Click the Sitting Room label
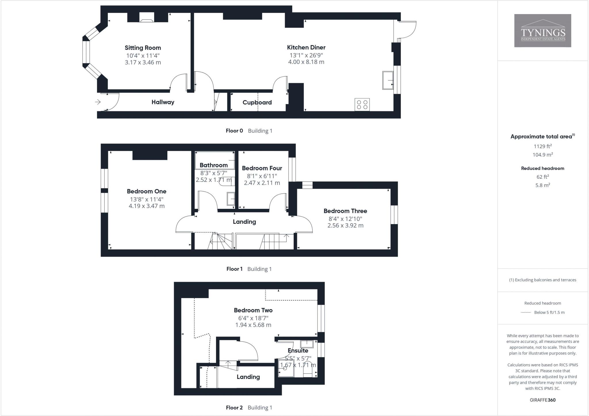pyautogui.click(x=143, y=48)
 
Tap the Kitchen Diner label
pyautogui.click(x=306, y=47)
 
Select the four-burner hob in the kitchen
pyautogui.click(x=362, y=104)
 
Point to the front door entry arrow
pyautogui.click(x=98, y=102)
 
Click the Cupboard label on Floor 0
pyautogui.click(x=257, y=102)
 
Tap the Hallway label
pyautogui.click(x=163, y=102)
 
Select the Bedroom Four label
pyautogui.click(x=262, y=168)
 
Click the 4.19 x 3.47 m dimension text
pyautogui.click(x=146, y=206)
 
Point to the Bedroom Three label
pyautogui.click(x=345, y=211)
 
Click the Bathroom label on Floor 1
pyautogui.click(x=213, y=165)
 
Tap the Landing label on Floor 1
pyautogui.click(x=244, y=222)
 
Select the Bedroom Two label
pyautogui.click(x=253, y=310)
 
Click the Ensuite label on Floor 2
pyautogui.click(x=298, y=351)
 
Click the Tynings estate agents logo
pyautogui.click(x=542, y=31)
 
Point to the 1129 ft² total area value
pyautogui.click(x=542, y=146)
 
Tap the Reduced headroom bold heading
pyautogui.click(x=542, y=169)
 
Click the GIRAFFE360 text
pyautogui.click(x=542, y=400)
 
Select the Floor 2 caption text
pyautogui.click(x=234, y=408)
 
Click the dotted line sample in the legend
pyautogui.click(x=526, y=312)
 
